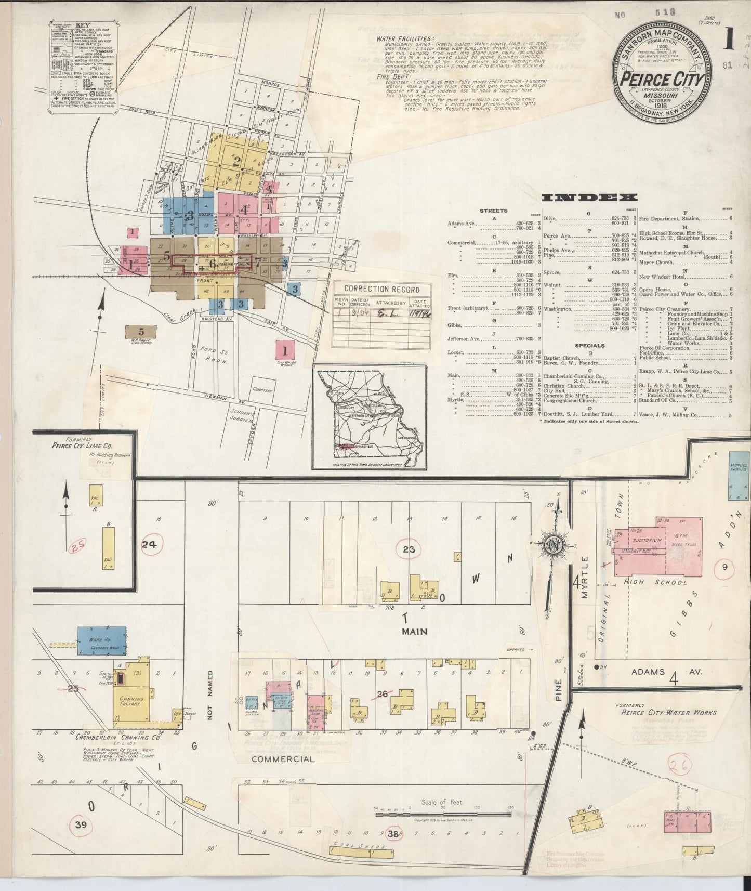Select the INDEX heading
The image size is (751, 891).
pos(589,198)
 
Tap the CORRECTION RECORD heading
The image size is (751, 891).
pos(381,290)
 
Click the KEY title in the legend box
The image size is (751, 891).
pos(82,24)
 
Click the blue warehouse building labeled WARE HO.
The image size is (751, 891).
pos(101,638)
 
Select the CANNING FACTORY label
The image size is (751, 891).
pos(130,700)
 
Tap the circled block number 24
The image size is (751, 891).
pos(149,544)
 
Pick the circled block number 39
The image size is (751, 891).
pos(81,824)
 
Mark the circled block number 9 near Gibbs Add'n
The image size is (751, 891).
pos(724,568)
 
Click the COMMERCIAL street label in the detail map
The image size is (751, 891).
pos(283,759)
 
